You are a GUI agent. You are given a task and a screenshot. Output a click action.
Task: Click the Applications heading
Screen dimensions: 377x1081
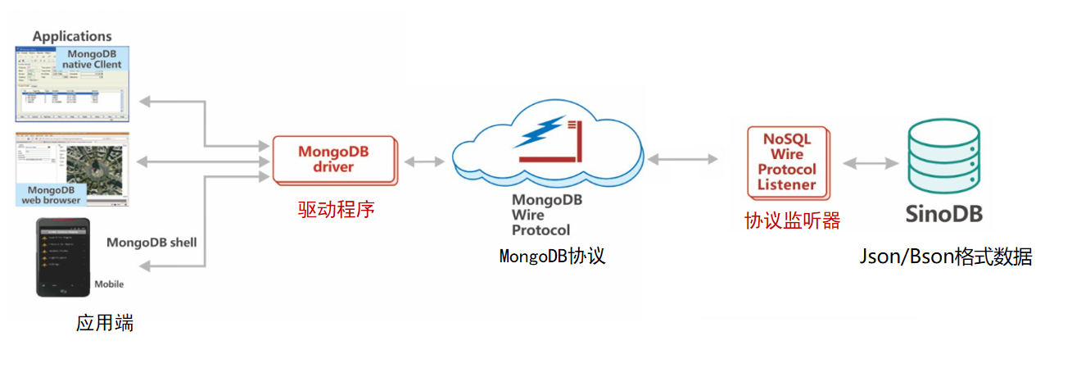(x=72, y=36)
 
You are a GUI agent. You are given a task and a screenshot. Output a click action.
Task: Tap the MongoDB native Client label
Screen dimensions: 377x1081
(x=94, y=59)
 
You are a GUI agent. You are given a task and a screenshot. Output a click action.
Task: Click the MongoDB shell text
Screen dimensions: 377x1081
(x=152, y=243)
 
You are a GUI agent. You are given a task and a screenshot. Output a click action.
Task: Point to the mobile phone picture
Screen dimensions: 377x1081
(x=63, y=258)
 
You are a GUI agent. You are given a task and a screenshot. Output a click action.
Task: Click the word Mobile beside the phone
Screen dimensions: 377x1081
(x=109, y=284)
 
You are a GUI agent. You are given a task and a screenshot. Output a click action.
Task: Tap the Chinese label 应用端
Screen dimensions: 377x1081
(x=105, y=323)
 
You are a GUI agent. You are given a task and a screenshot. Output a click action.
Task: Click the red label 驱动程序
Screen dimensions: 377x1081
(x=336, y=210)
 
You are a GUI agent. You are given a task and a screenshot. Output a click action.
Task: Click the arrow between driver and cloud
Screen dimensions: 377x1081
(x=424, y=161)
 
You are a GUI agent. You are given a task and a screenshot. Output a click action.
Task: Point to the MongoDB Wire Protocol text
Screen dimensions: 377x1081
(x=540, y=215)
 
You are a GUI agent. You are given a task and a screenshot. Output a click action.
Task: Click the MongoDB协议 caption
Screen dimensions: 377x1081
(x=552, y=256)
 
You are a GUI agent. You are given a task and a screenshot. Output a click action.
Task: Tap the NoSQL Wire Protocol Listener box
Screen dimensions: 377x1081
(x=787, y=162)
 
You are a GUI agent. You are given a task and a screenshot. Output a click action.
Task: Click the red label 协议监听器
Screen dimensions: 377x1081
(x=792, y=220)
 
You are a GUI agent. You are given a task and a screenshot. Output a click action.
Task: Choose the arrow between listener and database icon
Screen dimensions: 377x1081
(x=871, y=163)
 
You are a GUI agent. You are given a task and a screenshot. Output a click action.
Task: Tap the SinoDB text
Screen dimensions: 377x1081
(x=943, y=215)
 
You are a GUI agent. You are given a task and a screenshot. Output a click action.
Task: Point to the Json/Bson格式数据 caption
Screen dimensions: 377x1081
(x=945, y=257)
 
